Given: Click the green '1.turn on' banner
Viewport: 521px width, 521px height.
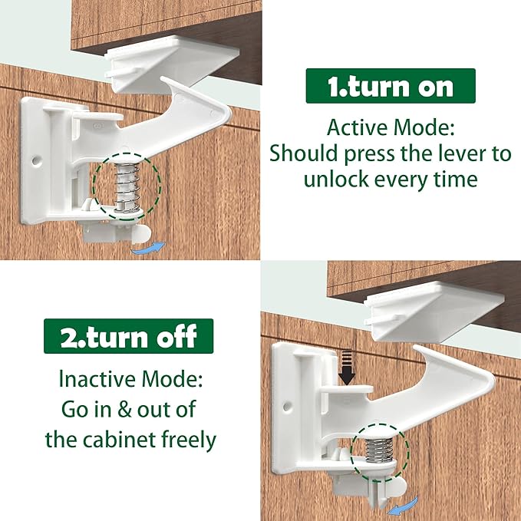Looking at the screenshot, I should click(x=391, y=86).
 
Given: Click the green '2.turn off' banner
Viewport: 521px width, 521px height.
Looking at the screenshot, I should click(x=128, y=336).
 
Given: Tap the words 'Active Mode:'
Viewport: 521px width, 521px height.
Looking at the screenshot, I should click(x=390, y=127).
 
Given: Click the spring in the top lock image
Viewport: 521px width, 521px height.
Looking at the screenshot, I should click(x=126, y=183).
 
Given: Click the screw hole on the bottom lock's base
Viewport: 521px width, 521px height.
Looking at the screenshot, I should click(x=289, y=403).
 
